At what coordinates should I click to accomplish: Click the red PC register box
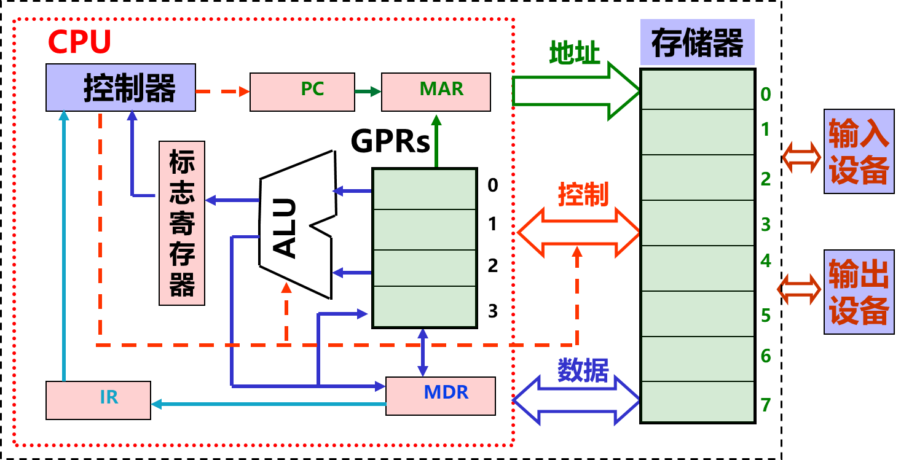302,92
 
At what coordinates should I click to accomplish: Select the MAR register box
436,92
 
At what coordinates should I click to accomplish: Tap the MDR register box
441,396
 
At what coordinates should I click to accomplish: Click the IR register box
98,400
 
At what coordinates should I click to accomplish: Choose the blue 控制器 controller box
120,87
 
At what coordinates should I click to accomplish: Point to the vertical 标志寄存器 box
182,223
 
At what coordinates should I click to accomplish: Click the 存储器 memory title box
697,42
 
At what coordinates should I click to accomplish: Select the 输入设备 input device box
859,151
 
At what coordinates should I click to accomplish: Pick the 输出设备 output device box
859,292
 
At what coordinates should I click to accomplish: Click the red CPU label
79,42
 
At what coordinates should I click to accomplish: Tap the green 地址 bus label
574,53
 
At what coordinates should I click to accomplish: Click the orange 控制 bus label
583,195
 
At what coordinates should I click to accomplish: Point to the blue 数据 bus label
583,370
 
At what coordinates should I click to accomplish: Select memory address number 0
765,94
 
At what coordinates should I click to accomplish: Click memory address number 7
765,405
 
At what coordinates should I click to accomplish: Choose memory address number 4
765,260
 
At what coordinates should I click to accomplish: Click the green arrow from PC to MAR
368,92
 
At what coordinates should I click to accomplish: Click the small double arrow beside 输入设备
801,157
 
